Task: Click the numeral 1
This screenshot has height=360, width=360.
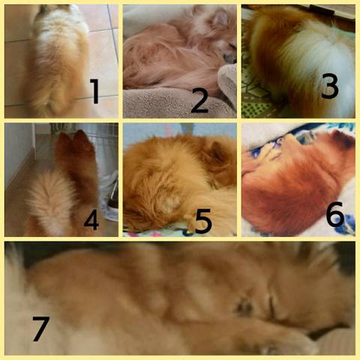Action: pos(95,91)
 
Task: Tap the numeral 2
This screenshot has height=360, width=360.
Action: pos(199,100)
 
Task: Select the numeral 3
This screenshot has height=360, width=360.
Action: pos(330,85)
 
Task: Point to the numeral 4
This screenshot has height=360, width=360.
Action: pos(91,220)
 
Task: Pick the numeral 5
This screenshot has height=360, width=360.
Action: pos(203,220)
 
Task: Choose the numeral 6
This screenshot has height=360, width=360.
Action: pos(335,214)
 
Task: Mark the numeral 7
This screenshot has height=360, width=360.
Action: pos(41,328)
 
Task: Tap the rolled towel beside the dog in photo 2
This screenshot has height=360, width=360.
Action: pos(228,84)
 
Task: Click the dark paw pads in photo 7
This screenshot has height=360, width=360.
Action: pos(244,306)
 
